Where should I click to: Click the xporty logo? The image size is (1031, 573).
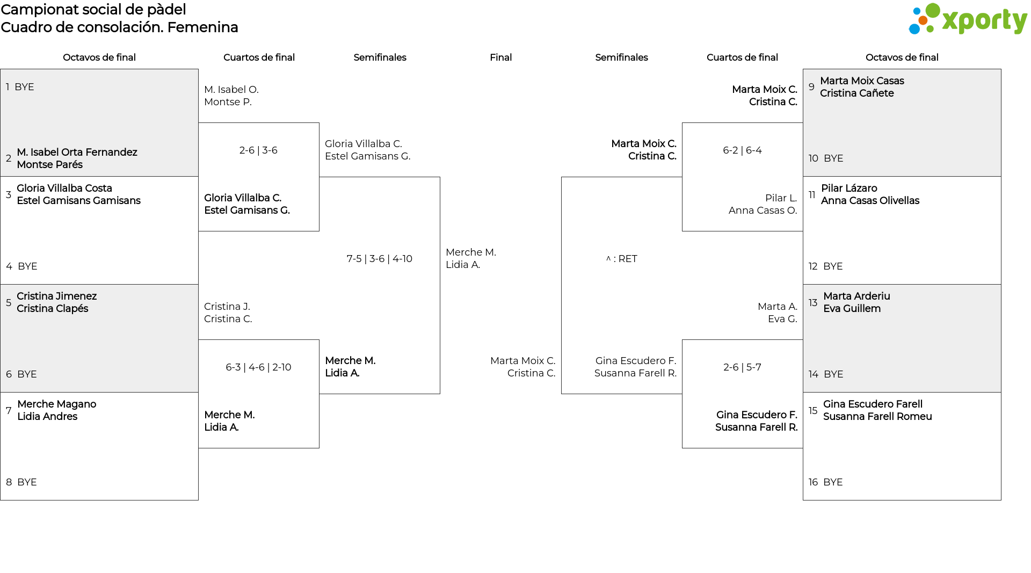pyautogui.click(x=968, y=19)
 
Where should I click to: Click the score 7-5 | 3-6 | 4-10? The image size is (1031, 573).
pyautogui.click(x=380, y=259)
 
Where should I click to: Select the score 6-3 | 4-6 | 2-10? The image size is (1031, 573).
pyautogui.click(x=258, y=367)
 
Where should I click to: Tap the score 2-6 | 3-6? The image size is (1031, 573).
pyautogui.click(x=258, y=150)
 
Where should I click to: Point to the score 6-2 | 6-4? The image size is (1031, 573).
pyautogui.click(x=742, y=150)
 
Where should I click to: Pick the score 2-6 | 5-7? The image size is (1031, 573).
pyautogui.click(x=742, y=367)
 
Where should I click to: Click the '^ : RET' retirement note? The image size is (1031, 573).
pyautogui.click(x=621, y=259)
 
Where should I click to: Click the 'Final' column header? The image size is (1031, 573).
pyautogui.click(x=500, y=57)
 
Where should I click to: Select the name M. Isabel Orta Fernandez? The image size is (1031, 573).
pyautogui.click(x=77, y=153)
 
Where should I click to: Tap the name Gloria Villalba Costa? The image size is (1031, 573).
pyautogui.click(x=64, y=188)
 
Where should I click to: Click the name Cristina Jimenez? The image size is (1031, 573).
pyautogui.click(x=56, y=296)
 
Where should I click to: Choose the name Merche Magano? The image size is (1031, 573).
pyautogui.click(x=56, y=404)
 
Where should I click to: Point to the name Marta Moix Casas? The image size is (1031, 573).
pyautogui.click(x=862, y=81)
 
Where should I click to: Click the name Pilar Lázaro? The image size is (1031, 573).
pyautogui.click(x=849, y=188)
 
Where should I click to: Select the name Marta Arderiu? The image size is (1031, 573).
pyautogui.click(x=856, y=296)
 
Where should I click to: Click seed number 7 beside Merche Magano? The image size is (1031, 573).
pyautogui.click(x=9, y=411)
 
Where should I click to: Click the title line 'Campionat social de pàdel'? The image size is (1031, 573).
pyautogui.click(x=93, y=10)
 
